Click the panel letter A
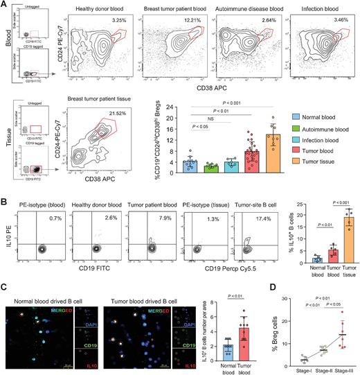point(5,5)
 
